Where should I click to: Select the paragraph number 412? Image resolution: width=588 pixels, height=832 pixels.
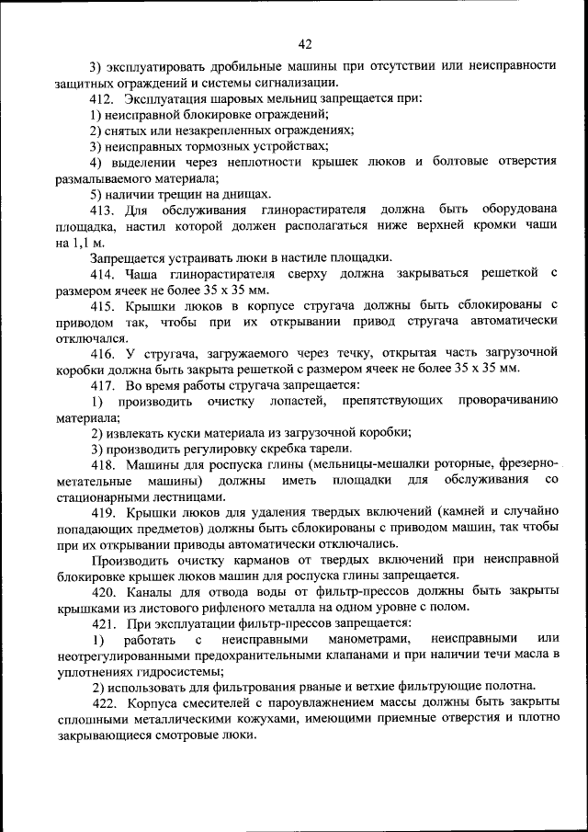(100, 98)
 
